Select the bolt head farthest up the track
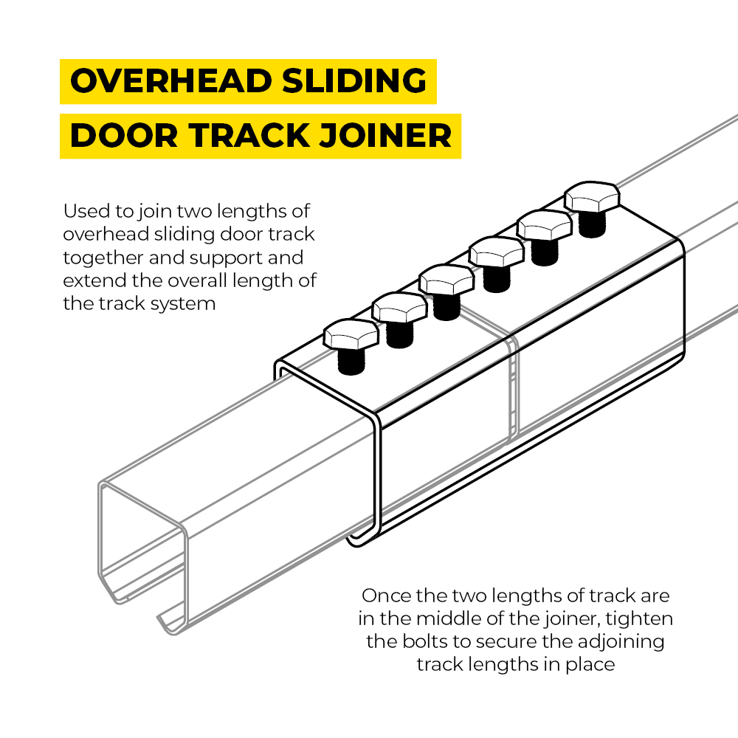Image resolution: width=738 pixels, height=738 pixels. [591, 197]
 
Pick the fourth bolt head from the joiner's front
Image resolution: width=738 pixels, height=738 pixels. [497, 253]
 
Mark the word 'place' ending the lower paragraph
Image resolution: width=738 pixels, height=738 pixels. [590, 663]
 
